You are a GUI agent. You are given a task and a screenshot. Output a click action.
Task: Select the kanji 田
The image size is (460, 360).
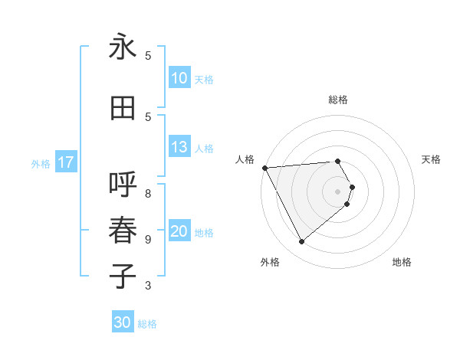123,109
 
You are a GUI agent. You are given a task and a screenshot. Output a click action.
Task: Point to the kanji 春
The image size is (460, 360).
123,231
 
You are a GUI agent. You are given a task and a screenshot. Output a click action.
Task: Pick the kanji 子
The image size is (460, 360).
123,277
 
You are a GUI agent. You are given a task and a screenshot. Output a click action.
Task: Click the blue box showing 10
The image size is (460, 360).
179,78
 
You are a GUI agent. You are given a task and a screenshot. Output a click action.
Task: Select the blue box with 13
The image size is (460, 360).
179,148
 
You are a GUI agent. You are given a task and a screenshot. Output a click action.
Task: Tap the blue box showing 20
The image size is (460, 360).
179,232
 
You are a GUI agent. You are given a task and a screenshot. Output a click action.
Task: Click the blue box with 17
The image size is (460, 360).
65,162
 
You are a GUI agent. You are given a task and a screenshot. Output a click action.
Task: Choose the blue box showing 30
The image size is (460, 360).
123,323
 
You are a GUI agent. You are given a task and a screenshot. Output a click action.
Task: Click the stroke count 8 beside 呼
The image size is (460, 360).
148,185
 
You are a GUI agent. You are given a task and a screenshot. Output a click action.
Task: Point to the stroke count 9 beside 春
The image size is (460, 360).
148,240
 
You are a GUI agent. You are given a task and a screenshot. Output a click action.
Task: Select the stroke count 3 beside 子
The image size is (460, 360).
148,286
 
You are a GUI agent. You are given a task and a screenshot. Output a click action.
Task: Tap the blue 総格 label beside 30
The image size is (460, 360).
147,324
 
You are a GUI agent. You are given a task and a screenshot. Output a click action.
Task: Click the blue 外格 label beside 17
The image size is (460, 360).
41,163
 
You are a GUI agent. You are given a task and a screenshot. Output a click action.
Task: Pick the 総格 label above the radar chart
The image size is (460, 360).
338,100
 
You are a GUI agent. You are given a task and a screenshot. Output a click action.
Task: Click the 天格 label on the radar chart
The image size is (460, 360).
432,159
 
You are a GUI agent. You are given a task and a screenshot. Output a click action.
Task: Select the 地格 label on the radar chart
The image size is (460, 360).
402,262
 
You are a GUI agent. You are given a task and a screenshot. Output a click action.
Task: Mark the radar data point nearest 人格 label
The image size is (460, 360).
264,167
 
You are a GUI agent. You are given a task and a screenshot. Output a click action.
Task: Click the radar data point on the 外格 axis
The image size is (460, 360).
301,241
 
